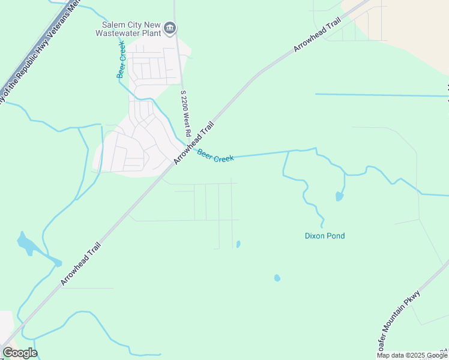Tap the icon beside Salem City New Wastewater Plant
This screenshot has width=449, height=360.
(x=170, y=27)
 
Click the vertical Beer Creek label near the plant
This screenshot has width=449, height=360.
(x=121, y=60)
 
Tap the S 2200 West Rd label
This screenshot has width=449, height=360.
(x=185, y=113)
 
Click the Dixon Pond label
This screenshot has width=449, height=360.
(x=325, y=236)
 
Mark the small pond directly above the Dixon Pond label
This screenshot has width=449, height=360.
(x=339, y=196)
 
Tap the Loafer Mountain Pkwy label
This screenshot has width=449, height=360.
(x=399, y=322)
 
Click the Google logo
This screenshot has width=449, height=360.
(x=20, y=353)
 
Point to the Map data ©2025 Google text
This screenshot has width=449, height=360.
(x=412, y=355)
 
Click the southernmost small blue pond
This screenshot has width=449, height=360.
(x=277, y=278)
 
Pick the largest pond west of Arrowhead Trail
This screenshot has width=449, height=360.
(x=26, y=244)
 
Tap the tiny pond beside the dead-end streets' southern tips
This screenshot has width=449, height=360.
(x=238, y=244)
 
